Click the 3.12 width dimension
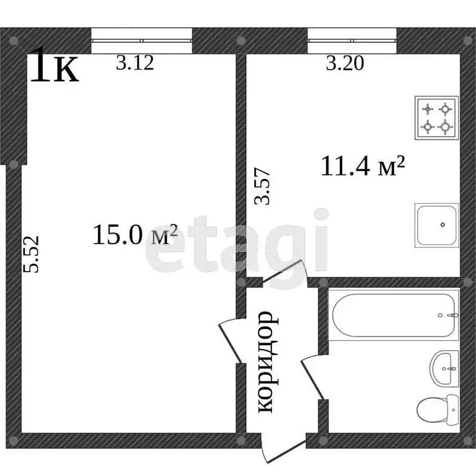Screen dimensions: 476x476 click(x=134, y=63)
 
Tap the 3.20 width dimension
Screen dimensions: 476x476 click(x=345, y=63)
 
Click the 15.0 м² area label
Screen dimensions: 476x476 click(x=135, y=235)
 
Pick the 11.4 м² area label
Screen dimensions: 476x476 click(x=363, y=165)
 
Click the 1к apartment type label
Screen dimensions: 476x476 click(x=55, y=67)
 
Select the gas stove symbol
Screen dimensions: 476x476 click(x=436, y=118)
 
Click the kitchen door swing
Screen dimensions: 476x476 click(x=282, y=273)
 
